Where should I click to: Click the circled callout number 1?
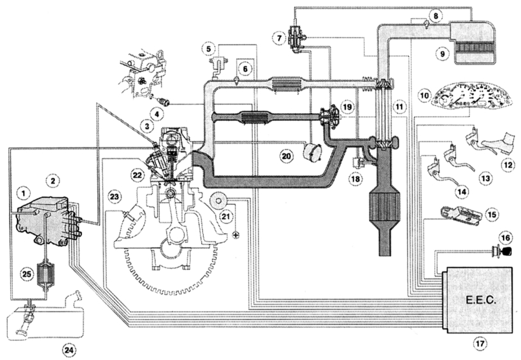tap(25, 193)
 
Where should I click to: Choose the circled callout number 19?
tap(348, 105)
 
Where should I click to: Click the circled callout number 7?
tap(279, 37)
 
